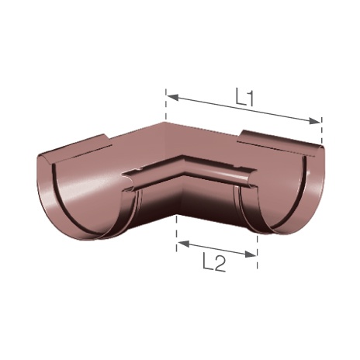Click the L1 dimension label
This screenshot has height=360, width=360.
(244, 97)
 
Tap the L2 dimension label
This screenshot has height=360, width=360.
(214, 264)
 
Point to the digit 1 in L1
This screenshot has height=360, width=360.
(249, 97)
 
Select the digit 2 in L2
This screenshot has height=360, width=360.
(220, 264)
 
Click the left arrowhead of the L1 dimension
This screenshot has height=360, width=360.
(172, 97)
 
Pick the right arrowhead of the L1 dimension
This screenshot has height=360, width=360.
(315, 121)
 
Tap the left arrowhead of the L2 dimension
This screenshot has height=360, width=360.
(184, 243)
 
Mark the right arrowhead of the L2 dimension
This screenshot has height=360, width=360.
(251, 254)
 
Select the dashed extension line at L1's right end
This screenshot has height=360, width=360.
(321, 130)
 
